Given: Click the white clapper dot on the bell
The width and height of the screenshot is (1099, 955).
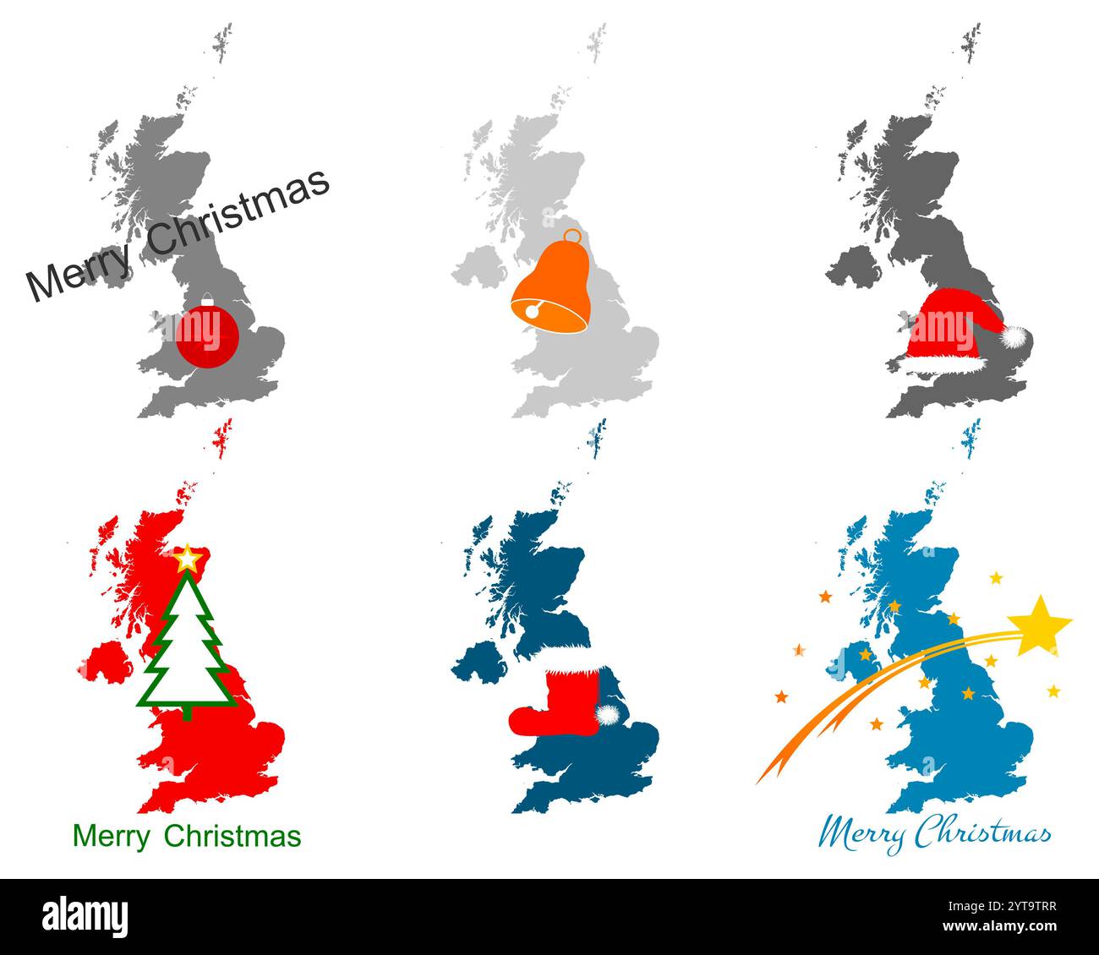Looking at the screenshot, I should coord(531,311).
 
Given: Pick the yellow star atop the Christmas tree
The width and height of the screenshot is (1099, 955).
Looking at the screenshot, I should coord(186,559).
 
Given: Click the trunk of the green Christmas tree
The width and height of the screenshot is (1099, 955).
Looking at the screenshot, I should coord(187,712).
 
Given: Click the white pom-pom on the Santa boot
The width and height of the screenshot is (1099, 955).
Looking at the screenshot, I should coord(607,715).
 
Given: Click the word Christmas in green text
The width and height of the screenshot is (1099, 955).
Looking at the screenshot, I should coord(232,836).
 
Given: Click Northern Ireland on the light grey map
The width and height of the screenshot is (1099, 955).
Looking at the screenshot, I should coord(479,265).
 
